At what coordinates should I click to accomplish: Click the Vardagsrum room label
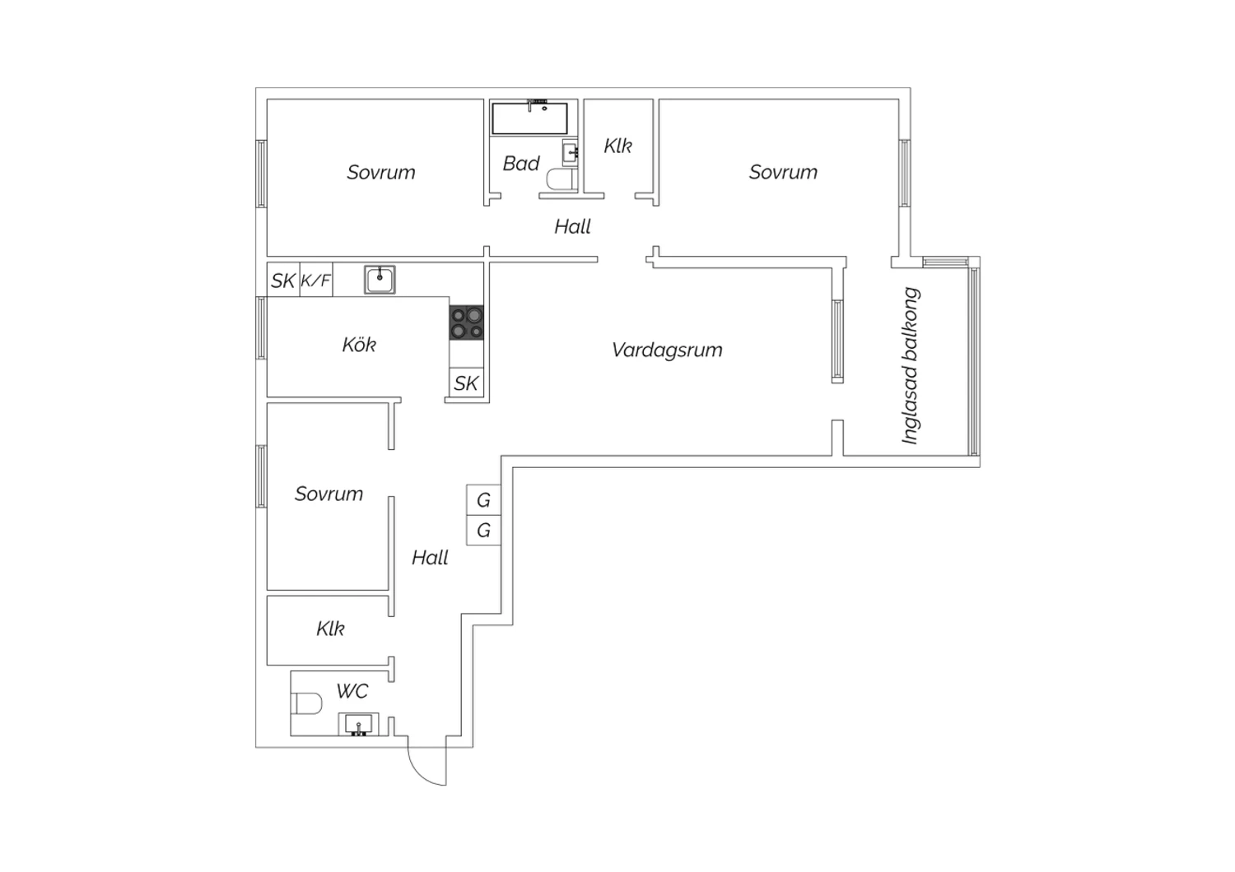[667, 350]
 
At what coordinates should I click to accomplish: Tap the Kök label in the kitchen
[359, 345]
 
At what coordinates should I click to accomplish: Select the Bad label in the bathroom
[521, 164]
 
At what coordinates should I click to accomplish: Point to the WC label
[352, 691]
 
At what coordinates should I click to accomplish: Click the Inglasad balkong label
[911, 365]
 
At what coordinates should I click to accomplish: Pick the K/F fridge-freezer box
[316, 280]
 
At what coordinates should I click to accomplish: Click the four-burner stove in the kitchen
[467, 322]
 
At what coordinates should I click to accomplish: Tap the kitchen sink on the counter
[380, 279]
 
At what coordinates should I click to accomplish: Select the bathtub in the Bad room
[529, 118]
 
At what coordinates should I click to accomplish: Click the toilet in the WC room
[306, 703]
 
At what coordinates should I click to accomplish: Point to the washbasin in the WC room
[358, 725]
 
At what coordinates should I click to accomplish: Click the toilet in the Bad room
[562, 179]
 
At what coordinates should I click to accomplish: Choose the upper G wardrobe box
[483, 500]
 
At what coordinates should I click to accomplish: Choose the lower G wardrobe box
[483, 531]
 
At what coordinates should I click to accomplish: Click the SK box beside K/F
[283, 280]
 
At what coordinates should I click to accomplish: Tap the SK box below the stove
[467, 383]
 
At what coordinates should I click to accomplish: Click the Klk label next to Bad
[618, 146]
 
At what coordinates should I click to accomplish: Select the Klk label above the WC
[330, 628]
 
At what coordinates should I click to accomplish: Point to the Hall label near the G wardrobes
[430, 558]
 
